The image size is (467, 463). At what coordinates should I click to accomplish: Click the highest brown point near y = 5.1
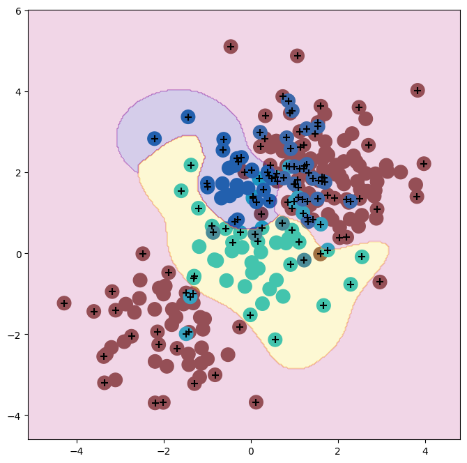(231, 47)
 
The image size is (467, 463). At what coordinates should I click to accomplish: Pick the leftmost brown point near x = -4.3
(64, 303)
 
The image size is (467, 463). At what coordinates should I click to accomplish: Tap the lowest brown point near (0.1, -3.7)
(256, 402)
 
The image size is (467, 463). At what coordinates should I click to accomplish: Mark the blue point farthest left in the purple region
(155, 139)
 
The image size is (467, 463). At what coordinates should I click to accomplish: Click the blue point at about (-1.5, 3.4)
(187, 116)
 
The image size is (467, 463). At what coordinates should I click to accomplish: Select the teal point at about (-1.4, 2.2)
(190, 165)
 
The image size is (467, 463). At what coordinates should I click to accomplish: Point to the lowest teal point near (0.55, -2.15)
(275, 340)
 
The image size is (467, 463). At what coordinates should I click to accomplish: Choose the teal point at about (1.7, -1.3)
(323, 305)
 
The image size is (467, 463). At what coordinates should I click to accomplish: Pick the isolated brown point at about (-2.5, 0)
(143, 254)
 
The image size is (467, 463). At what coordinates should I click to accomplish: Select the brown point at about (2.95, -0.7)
(379, 282)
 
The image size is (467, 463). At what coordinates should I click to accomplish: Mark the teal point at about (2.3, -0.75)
(351, 284)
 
